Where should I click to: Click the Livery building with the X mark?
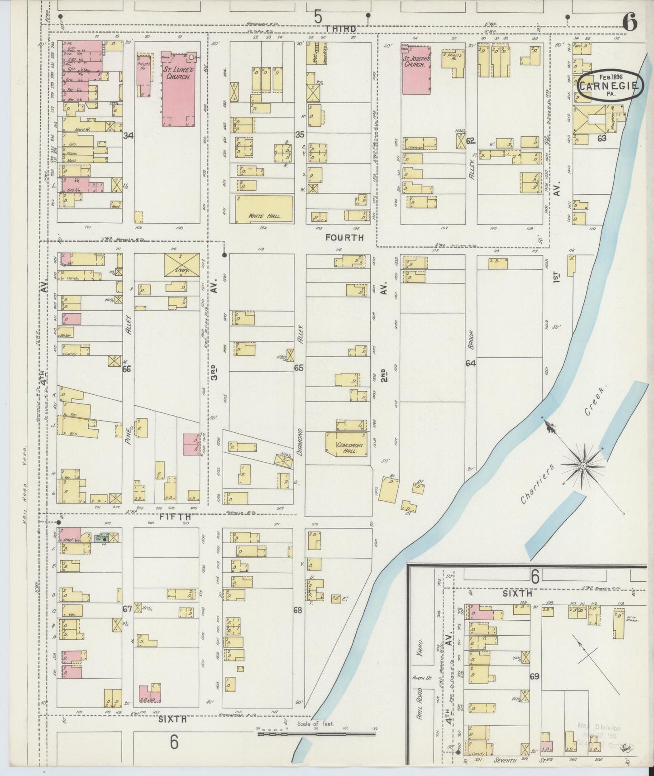(181, 264)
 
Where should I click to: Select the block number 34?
(128, 135)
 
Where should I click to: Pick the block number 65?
(299, 368)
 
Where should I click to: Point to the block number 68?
(297, 610)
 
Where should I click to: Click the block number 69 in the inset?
(535, 676)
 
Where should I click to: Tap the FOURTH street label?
(344, 237)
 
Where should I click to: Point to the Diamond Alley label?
(298, 435)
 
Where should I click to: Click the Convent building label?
(415, 148)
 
